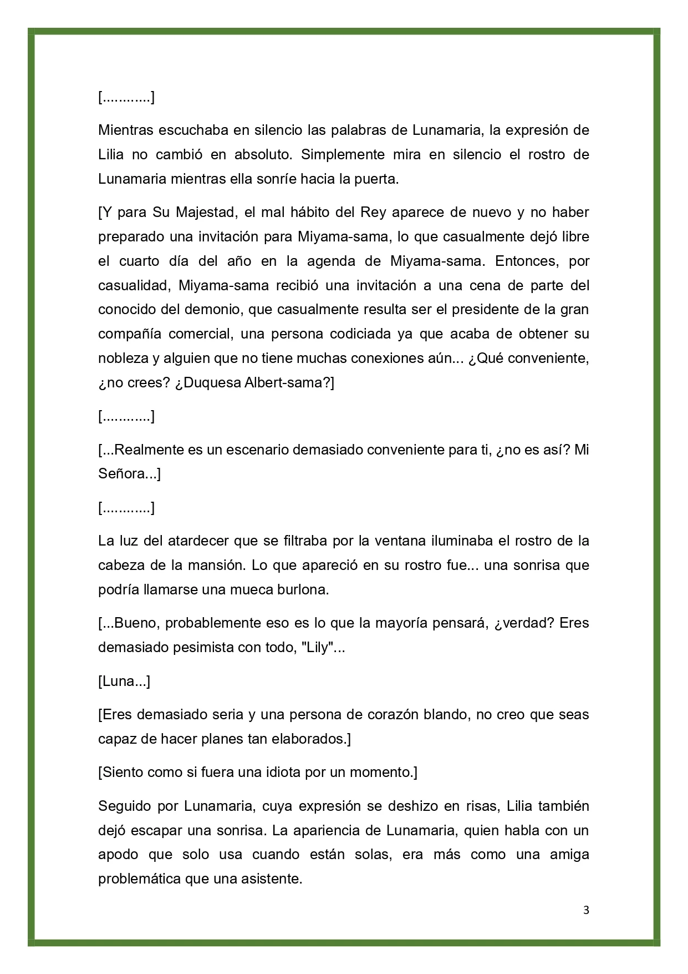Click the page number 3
click(x=586, y=910)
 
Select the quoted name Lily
click(x=317, y=647)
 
